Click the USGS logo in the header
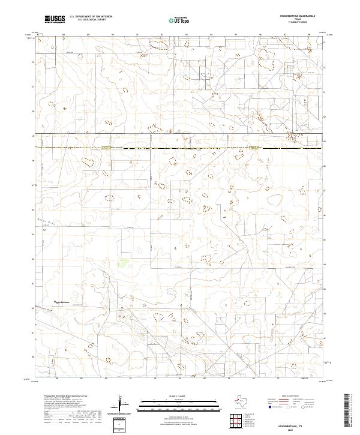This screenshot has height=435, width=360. click(x=55, y=19)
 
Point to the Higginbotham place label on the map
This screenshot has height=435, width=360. click(x=63, y=301)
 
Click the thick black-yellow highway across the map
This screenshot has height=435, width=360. click(x=180, y=148)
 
